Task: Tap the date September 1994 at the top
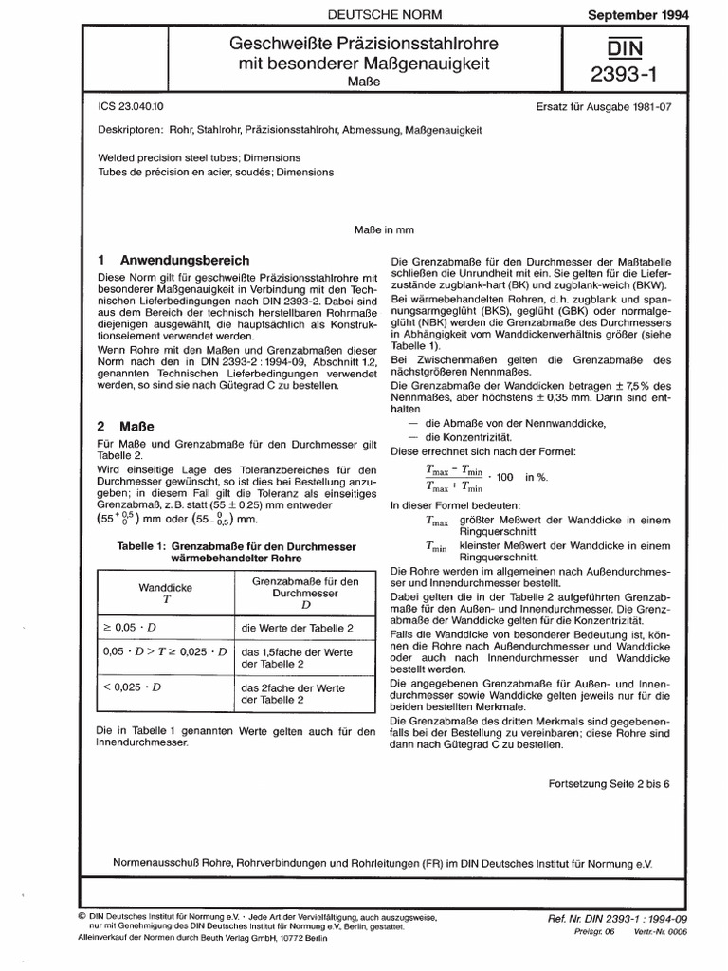[662, 16]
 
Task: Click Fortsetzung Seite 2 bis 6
[609, 785]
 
